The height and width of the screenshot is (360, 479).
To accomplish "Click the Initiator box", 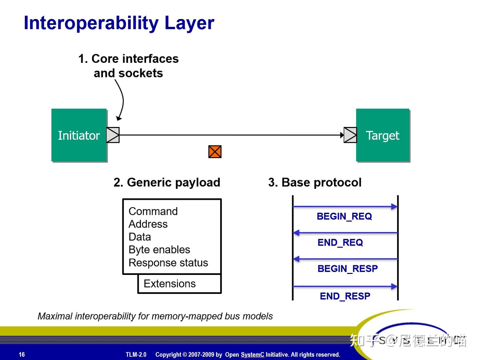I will tap(79, 135).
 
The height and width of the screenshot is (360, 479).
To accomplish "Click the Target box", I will tap(383, 135).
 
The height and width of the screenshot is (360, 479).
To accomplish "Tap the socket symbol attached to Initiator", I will tap(113, 135).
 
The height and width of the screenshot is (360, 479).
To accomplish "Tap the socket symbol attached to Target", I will tap(350, 135).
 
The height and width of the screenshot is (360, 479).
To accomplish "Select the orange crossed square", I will tap(215, 152).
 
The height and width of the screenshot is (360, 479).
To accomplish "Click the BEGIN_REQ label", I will tap(344, 216).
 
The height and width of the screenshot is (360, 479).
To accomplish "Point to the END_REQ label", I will tap(340, 243).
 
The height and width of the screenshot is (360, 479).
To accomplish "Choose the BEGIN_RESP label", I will tap(348, 269).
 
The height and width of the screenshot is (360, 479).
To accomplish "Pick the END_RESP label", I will tap(345, 296).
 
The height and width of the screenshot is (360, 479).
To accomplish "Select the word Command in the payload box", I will tap(153, 211).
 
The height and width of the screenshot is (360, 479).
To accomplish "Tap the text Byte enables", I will tap(159, 250).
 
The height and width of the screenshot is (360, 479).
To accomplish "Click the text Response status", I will tap(168, 263).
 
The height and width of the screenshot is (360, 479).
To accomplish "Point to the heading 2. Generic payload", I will tap(167, 182).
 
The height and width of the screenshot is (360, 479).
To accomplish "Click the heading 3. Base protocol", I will tap(315, 182).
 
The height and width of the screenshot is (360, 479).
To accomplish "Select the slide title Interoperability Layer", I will tap(119, 23).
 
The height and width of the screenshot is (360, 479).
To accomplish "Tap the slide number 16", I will tap(22, 354).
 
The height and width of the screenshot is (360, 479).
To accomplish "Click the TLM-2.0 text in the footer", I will tap(136, 354).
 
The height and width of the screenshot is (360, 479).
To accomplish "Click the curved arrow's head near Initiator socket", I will tap(119, 118).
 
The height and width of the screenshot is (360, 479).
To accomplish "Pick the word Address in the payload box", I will tap(148, 224).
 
